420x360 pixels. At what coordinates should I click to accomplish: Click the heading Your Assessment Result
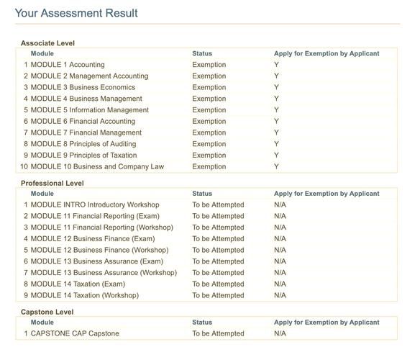[x=76, y=14]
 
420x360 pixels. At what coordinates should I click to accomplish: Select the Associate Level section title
[x=47, y=43]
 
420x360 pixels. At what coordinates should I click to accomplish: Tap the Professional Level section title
[x=52, y=184]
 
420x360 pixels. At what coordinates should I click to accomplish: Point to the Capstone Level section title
[x=47, y=312]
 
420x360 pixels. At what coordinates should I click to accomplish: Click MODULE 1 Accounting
[x=68, y=65]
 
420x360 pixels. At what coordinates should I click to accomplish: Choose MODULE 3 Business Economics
[x=83, y=87]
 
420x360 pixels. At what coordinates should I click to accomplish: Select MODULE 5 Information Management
[x=90, y=110]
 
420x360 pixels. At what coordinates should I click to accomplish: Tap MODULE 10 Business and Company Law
[x=97, y=167]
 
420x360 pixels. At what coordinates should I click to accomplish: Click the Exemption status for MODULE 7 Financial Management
[x=209, y=132]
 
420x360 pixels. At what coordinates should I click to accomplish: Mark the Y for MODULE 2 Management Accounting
[x=276, y=76]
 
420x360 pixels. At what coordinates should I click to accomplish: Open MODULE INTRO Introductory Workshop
[x=95, y=204]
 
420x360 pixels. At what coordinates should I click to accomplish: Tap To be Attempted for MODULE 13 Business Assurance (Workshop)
[x=218, y=273]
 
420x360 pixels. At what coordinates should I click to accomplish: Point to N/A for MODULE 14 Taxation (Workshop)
[x=280, y=295]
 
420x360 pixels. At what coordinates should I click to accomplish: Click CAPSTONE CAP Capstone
[x=75, y=333]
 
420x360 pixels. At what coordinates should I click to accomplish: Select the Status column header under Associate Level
[x=202, y=53]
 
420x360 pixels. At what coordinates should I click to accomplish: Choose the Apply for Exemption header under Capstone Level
[x=327, y=323]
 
